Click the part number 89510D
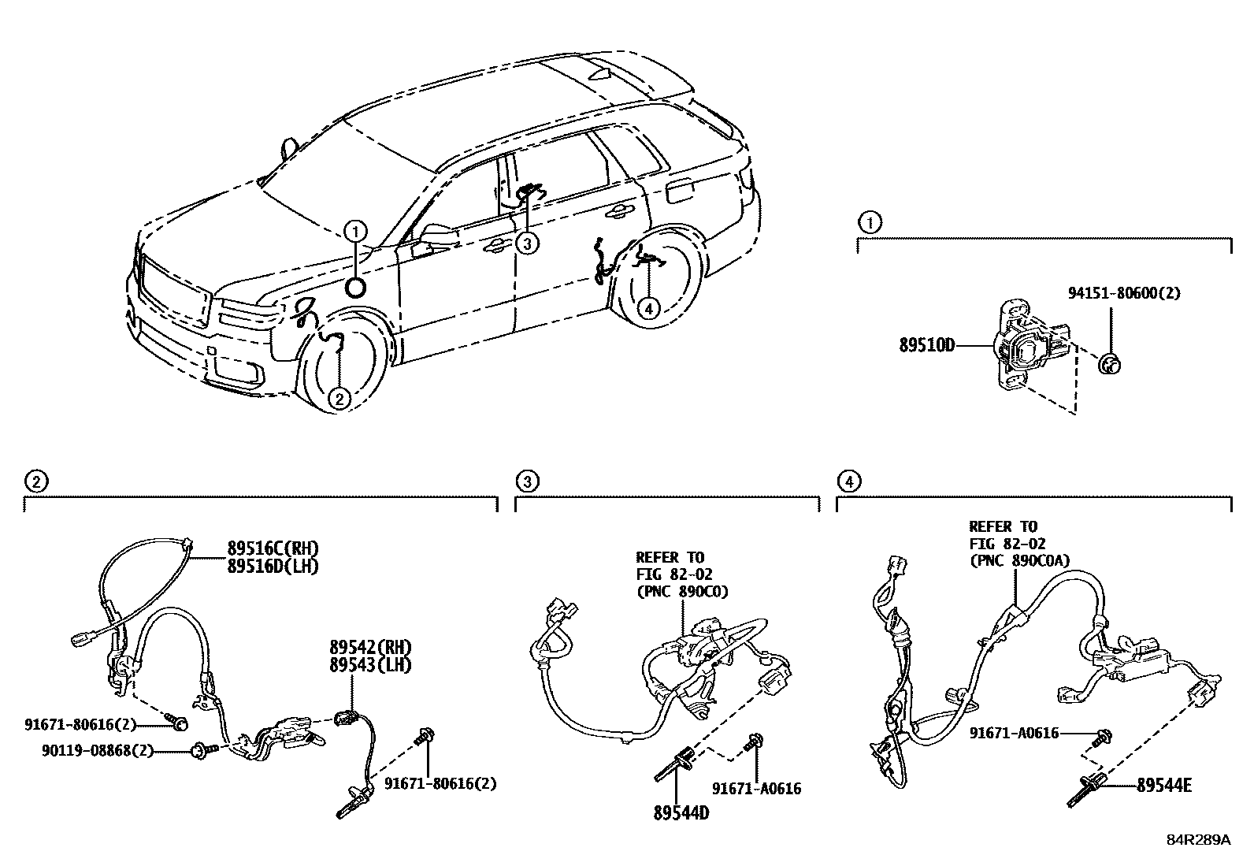(927, 344)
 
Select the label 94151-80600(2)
(1124, 292)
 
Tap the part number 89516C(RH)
(273, 548)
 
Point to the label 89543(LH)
(370, 664)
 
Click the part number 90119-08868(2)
(96, 752)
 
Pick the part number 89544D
(681, 812)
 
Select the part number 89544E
(1163, 785)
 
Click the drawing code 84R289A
(1198, 840)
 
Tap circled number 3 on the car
(527, 243)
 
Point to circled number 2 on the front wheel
(339, 399)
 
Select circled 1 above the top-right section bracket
(870, 222)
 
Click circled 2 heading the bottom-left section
(34, 480)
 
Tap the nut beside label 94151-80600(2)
(1108, 364)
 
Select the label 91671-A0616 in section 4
(1014, 733)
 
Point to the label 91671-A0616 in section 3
(756, 788)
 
